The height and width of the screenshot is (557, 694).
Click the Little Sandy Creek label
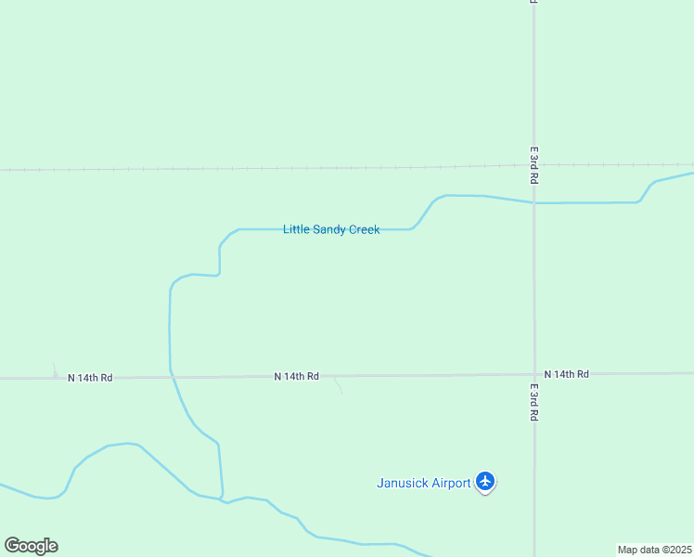[331, 229]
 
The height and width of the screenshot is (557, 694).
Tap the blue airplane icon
[484, 481]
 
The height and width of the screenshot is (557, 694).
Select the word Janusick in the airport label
[404, 483]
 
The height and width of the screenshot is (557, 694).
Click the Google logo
[31, 546]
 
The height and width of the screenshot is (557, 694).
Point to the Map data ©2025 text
[655, 550]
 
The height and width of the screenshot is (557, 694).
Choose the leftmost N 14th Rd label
[90, 378]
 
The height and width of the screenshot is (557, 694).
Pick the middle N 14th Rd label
[297, 376]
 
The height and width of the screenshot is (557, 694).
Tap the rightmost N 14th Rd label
[566, 374]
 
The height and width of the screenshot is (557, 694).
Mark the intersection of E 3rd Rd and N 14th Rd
[534, 374]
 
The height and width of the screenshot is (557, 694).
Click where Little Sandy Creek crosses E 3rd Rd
[533, 202]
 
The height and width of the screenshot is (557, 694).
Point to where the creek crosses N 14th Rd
[170, 377]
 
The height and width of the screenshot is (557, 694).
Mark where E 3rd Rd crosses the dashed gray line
[533, 166]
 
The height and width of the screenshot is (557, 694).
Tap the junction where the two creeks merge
[223, 499]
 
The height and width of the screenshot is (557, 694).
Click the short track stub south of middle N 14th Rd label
[339, 385]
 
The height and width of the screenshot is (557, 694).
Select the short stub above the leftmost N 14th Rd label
[55, 369]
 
